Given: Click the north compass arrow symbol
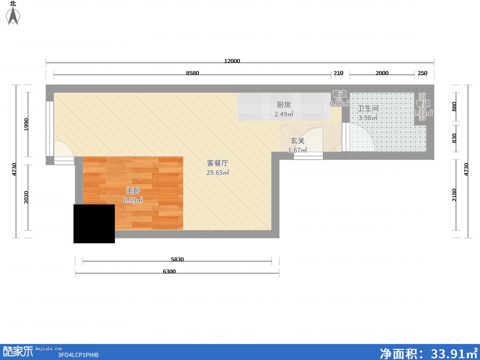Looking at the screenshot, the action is click(13, 16).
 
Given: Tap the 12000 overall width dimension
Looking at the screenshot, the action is click(232, 61).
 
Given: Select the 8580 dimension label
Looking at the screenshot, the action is click(192, 73).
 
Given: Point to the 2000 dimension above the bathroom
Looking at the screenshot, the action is click(382, 73).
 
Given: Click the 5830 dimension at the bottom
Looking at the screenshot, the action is click(177, 260).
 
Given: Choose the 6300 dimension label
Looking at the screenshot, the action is click(169, 272).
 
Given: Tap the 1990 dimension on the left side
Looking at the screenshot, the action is click(26, 124).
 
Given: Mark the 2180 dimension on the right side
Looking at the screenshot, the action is click(454, 195).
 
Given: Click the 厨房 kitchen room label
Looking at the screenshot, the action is click(284, 105).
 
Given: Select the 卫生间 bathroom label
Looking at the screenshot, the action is click(368, 108).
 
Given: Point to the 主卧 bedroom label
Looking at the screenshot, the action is click(133, 191).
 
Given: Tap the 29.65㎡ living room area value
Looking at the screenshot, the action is click(218, 172).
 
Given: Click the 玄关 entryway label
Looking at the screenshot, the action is click(298, 141).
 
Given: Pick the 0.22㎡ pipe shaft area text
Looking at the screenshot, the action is click(423, 113).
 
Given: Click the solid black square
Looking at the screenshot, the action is click(94, 224).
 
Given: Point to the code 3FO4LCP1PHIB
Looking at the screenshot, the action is click(78, 355).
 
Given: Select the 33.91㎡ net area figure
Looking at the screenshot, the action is click(454, 353).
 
